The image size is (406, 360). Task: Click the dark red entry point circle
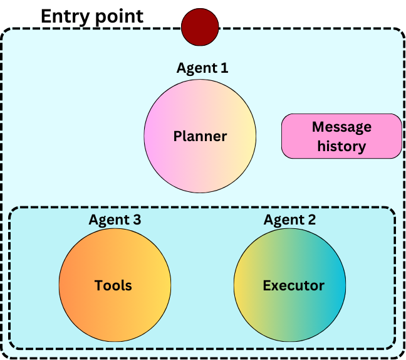click(x=200, y=28)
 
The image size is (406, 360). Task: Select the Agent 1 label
click(x=202, y=68)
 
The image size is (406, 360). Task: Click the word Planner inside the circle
click(x=200, y=136)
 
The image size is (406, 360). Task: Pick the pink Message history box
click(x=341, y=136)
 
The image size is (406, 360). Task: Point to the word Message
click(x=341, y=127)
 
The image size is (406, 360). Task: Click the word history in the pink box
click(x=341, y=147)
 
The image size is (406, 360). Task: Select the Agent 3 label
click(x=115, y=220)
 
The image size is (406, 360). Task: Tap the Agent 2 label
click(x=289, y=220)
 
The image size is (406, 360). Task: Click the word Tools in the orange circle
click(x=113, y=286)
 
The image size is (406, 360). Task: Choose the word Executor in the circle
click(x=293, y=286)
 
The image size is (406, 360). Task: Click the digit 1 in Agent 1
click(x=224, y=68)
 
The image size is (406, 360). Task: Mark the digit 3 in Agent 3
click(x=137, y=220)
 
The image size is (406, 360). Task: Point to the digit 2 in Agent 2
click(x=311, y=220)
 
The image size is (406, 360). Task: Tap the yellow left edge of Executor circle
click(x=239, y=286)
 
